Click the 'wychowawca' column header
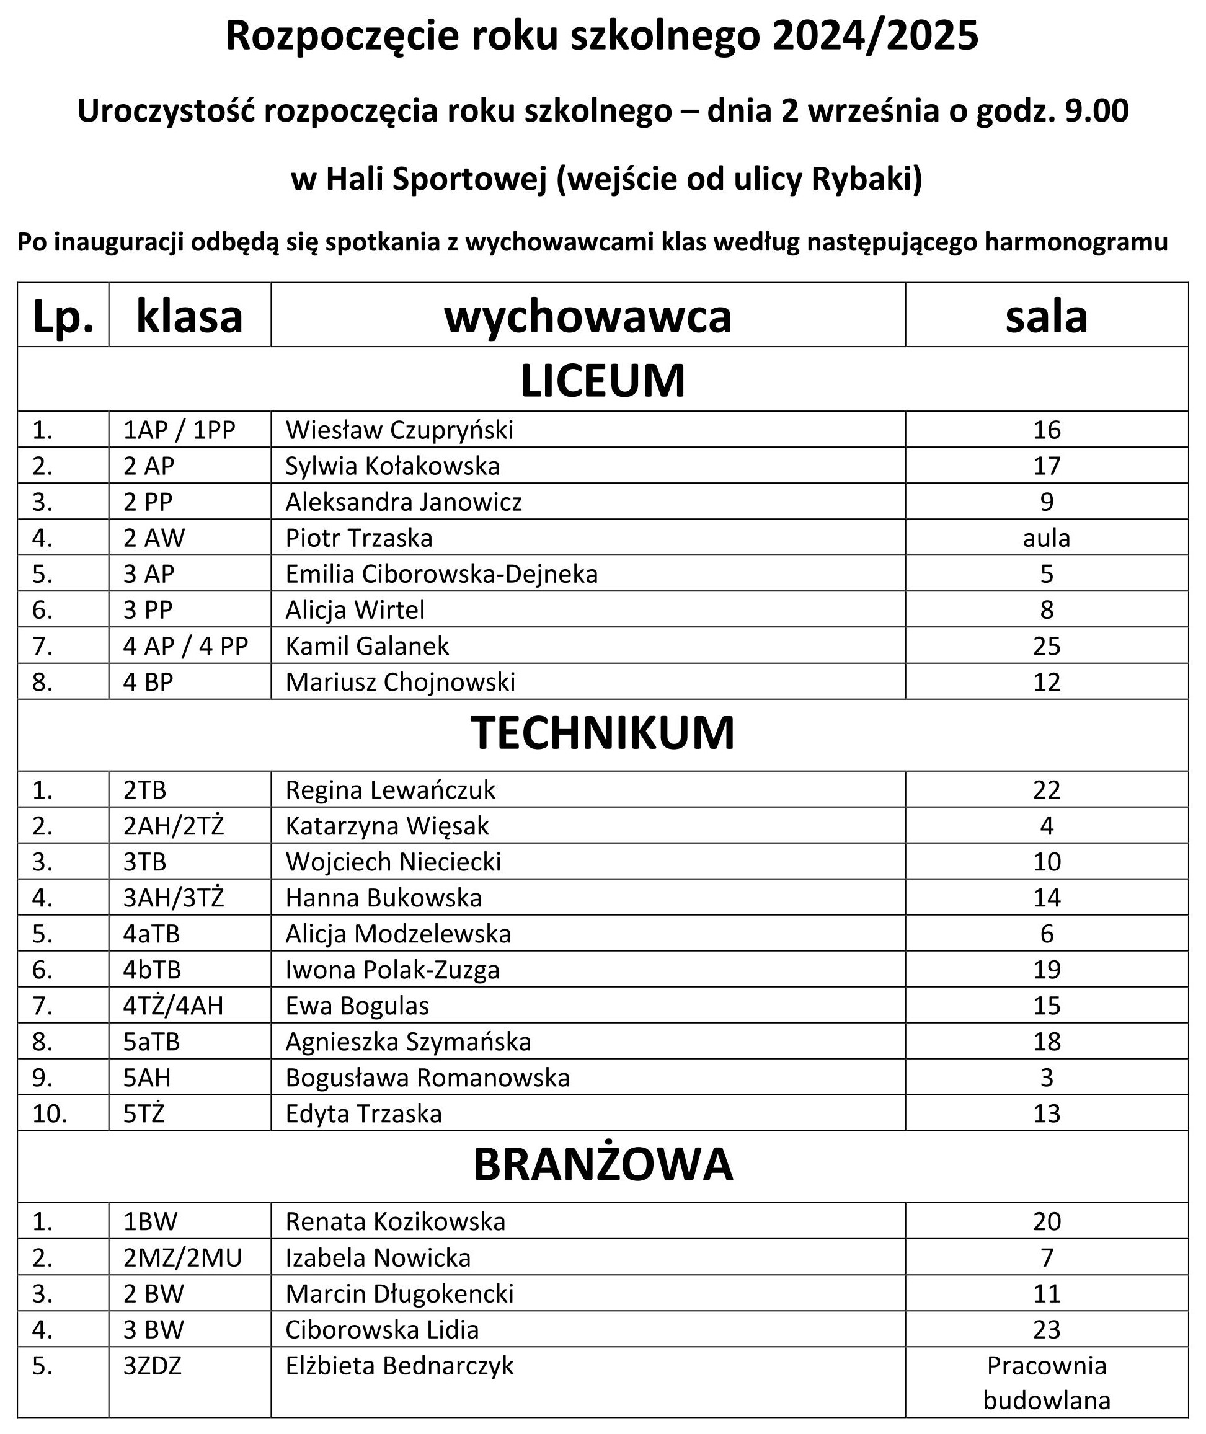click(587, 316)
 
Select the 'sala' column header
click(1046, 316)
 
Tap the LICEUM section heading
click(602, 381)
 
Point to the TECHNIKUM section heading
click(602, 733)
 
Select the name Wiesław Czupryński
click(399, 430)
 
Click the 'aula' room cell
click(1046, 538)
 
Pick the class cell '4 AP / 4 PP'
click(185, 646)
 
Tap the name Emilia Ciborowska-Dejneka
click(441, 574)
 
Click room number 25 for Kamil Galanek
click(1046, 646)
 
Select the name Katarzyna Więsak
click(387, 826)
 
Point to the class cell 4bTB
click(152, 969)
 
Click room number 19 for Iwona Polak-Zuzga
click(1046, 969)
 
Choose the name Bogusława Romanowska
click(427, 1078)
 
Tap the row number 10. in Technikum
click(49, 1113)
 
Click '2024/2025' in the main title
click(876, 36)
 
